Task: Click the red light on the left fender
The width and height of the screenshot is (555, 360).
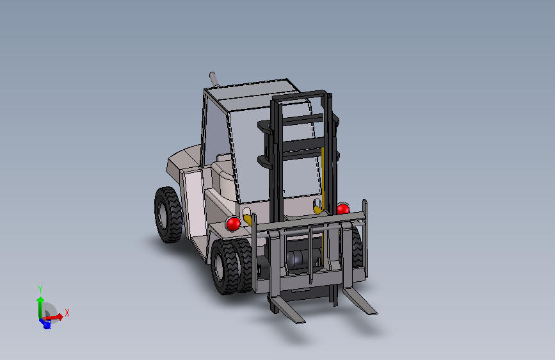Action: coord(233,224)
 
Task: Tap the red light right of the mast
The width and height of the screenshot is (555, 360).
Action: coord(342,209)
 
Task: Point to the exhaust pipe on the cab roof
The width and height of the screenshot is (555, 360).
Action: coord(213,79)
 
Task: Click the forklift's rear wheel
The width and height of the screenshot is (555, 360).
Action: coord(168,215)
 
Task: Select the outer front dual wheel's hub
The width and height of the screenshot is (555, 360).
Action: coord(219,266)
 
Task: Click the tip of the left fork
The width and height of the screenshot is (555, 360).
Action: coord(300,322)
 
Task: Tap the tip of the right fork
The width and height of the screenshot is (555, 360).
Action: coord(373,313)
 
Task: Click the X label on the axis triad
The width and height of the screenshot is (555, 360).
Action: coord(67,313)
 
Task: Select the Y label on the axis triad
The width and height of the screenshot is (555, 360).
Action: coord(40,289)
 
